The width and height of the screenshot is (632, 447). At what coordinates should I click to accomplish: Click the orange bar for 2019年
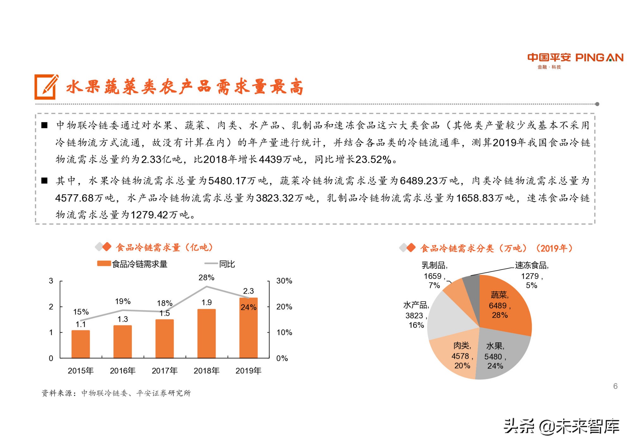[x=248, y=332]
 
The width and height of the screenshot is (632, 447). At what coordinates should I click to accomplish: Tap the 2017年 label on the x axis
[x=164, y=370]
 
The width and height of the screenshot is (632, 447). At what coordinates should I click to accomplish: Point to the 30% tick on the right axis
[x=284, y=281]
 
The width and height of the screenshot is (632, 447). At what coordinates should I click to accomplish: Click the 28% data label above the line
[x=206, y=278]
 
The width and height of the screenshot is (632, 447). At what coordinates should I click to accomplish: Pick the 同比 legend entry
[x=227, y=264]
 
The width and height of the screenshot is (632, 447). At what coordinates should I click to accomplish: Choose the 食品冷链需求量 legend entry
[x=139, y=264]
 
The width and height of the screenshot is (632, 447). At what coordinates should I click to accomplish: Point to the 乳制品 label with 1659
[x=434, y=275]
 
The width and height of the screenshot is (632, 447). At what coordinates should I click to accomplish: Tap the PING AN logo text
[x=599, y=58]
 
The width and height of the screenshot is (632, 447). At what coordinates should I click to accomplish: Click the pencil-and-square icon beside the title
[x=46, y=87]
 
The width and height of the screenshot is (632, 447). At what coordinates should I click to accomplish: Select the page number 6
[x=615, y=386]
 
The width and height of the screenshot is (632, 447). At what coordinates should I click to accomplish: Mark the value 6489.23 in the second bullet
[x=419, y=181]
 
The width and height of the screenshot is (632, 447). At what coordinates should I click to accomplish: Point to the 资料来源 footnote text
[x=116, y=393]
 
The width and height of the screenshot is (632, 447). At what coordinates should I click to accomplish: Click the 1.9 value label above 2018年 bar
[x=206, y=303]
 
